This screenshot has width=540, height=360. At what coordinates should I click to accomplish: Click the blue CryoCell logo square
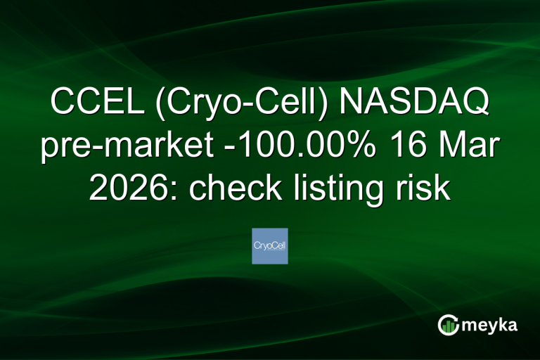pos(270,246)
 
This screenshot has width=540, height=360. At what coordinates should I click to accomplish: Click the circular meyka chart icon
pos(448,325)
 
